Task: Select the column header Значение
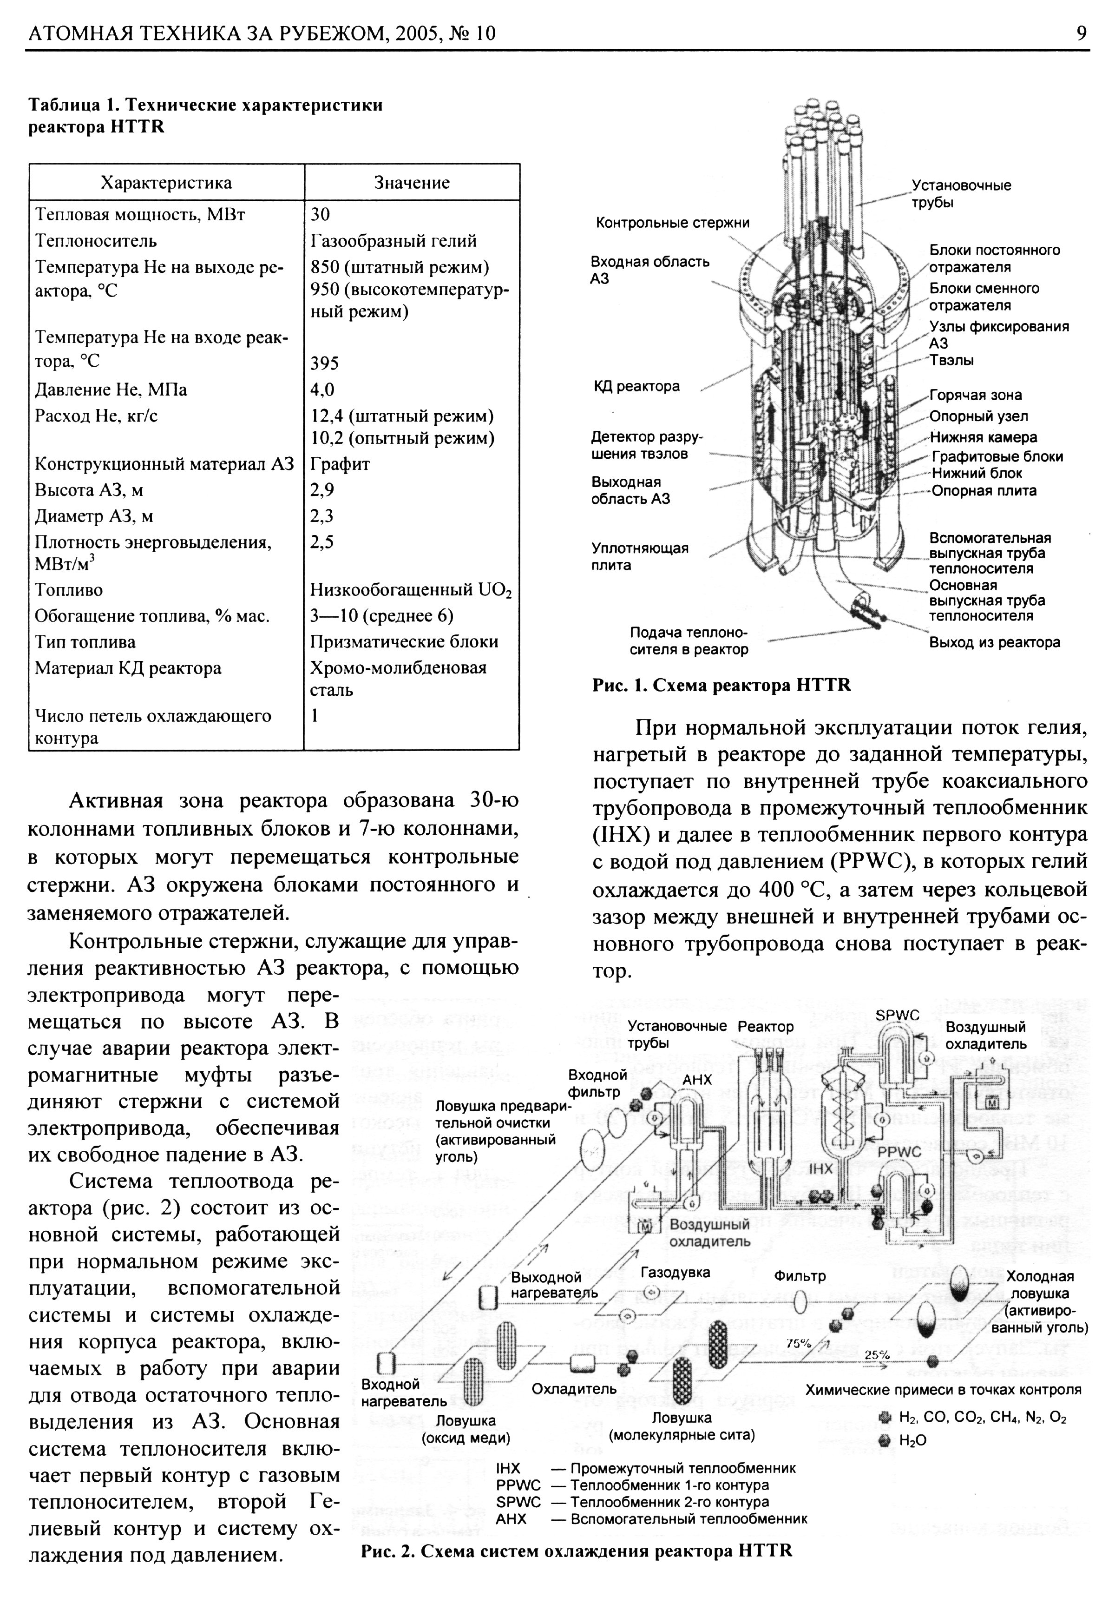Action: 412,183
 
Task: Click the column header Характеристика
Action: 166,183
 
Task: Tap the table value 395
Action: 325,363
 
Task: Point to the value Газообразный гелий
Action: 394,241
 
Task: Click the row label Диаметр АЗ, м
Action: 94,516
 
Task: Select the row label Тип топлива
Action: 85,642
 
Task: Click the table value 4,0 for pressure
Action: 322,389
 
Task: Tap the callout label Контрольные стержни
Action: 672,223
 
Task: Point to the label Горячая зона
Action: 975,395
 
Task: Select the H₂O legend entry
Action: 912,1440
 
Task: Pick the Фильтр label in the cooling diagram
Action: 800,1276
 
